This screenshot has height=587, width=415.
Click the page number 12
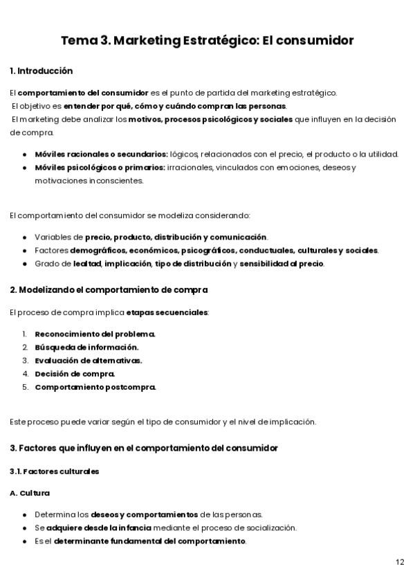pos(400,561)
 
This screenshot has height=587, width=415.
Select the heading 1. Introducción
pos(41,71)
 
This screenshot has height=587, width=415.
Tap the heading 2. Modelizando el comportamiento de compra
pos(109,289)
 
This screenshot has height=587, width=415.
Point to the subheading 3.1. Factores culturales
pos(55,471)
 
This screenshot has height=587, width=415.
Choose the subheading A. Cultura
pos(30,493)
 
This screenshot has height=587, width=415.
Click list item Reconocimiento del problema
pos(95,334)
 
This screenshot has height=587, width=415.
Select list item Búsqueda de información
pos(86,347)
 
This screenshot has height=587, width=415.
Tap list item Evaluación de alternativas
pos(89,360)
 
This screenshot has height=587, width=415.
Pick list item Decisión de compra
pos(75,373)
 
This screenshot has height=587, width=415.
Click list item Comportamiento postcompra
pos(95,386)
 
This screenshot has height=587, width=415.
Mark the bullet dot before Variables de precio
pos(25,237)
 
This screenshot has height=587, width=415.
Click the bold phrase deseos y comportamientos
pos(145,514)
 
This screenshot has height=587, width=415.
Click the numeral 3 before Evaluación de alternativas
pos(24,360)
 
